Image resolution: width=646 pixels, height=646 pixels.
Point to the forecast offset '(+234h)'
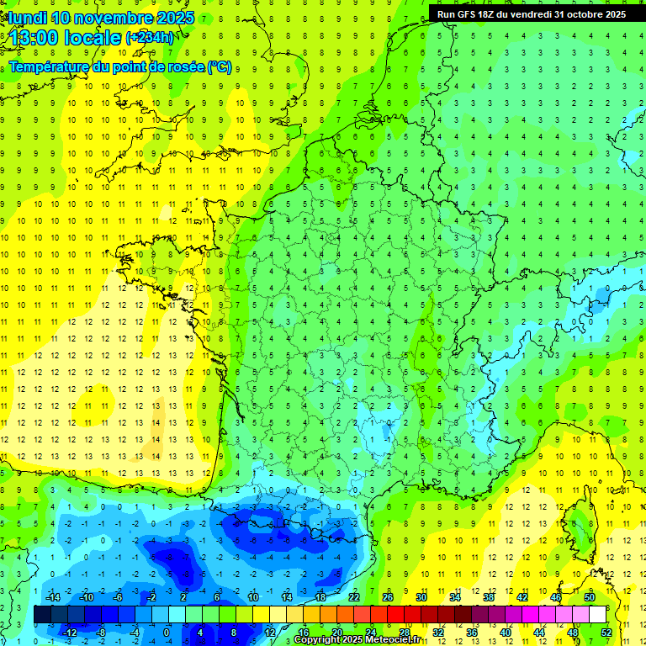150,38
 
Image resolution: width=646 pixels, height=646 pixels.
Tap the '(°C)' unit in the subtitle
220,66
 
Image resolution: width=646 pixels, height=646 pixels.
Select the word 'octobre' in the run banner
580,14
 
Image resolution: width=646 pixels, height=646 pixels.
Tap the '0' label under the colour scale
167,633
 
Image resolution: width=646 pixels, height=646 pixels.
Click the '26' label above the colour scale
388,597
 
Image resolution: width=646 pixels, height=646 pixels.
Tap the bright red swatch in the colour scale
396,615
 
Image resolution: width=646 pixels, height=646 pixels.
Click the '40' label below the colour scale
506,633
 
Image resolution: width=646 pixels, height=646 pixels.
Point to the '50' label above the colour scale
590,597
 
